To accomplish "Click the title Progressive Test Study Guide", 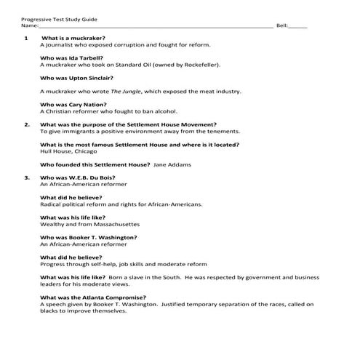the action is click(59, 18).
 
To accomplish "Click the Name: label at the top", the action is click(30, 25).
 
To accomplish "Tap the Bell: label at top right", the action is click(284, 25).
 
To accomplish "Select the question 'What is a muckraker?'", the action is click(73, 37).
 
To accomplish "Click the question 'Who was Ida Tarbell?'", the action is click(71, 57).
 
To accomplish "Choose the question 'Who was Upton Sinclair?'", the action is click(76, 78).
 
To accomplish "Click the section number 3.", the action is click(27, 177).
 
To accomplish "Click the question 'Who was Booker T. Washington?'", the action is click(88, 237).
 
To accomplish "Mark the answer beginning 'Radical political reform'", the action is click(121, 204).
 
